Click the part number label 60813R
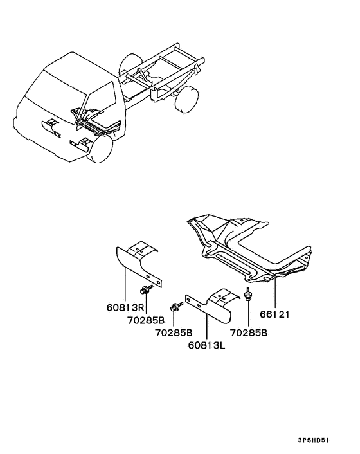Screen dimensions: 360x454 [125, 307]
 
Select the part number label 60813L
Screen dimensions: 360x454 [206, 345]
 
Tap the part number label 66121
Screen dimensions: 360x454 [274, 314]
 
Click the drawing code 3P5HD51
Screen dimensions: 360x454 [314, 440]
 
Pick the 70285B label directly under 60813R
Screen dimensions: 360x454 [146, 320]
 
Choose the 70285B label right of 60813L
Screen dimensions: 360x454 [249, 333]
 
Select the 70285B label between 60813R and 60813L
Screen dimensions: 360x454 [174, 333]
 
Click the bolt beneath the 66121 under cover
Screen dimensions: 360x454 [248, 294]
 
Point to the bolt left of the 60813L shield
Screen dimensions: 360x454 [177, 306]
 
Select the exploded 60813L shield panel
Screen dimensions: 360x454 [213, 305]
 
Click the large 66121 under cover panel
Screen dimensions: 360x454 [249, 249]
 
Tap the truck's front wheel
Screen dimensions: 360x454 [100, 149]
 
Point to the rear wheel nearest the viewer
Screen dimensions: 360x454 [187, 99]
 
